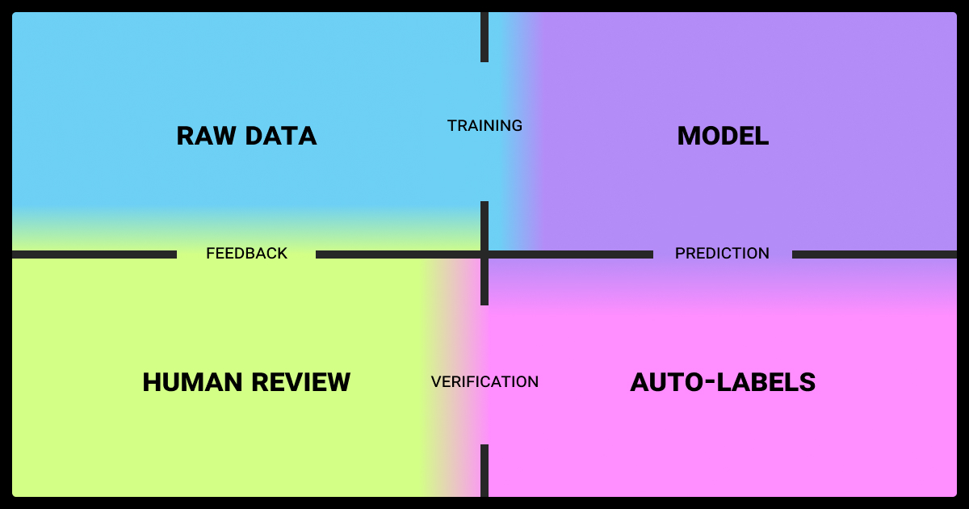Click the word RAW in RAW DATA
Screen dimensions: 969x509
(206, 136)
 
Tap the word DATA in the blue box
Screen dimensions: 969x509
(281, 136)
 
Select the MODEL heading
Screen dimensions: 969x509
(723, 136)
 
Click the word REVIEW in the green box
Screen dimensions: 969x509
(301, 382)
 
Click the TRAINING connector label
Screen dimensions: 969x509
(484, 125)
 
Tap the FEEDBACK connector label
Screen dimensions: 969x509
(246, 253)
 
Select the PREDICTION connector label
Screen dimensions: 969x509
(723, 253)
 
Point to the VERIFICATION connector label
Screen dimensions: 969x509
(484, 381)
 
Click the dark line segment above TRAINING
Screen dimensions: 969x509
(484, 37)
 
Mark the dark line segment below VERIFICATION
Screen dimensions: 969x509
(484, 470)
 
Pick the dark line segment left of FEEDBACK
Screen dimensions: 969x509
(94, 254)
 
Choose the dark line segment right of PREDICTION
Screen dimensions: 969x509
(875, 254)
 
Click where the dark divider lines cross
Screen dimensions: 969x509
(484, 254)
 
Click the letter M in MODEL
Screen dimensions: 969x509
(688, 136)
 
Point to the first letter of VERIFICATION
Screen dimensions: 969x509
(436, 381)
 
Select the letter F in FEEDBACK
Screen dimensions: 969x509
(210, 253)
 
